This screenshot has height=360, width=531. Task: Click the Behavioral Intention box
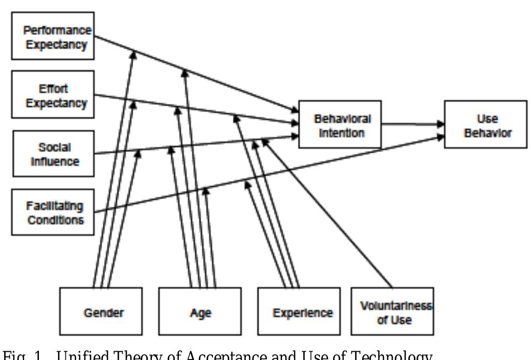(340, 124)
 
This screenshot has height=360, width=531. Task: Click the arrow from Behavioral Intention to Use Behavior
(413, 124)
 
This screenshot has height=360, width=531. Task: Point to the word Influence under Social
(55, 161)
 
